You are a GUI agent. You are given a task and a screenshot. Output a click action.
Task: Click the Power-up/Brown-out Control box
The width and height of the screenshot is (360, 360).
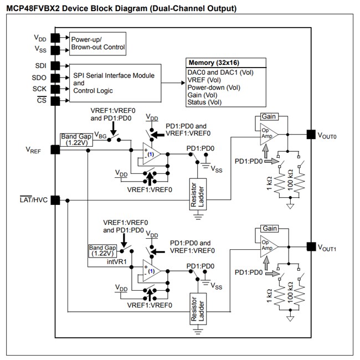(96, 43)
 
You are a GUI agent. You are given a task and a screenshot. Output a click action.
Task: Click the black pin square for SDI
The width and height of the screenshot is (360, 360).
(55, 65)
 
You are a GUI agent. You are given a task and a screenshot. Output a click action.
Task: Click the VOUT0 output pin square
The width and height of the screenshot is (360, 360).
(311, 135)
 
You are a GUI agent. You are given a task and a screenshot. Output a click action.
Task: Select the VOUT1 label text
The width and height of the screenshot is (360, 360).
(326, 247)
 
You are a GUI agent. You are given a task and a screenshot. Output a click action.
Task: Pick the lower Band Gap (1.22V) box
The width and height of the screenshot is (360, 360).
(103, 250)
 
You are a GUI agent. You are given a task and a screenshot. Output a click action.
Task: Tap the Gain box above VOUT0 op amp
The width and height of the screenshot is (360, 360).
(269, 117)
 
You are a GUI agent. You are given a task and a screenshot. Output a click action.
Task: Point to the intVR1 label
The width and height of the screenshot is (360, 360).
(117, 260)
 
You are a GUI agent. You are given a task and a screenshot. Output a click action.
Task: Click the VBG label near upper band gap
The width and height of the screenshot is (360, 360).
(101, 135)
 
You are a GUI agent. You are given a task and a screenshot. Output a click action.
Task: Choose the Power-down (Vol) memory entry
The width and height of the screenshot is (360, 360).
(214, 88)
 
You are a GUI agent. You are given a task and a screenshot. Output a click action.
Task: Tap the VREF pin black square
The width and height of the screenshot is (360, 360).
(55, 150)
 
